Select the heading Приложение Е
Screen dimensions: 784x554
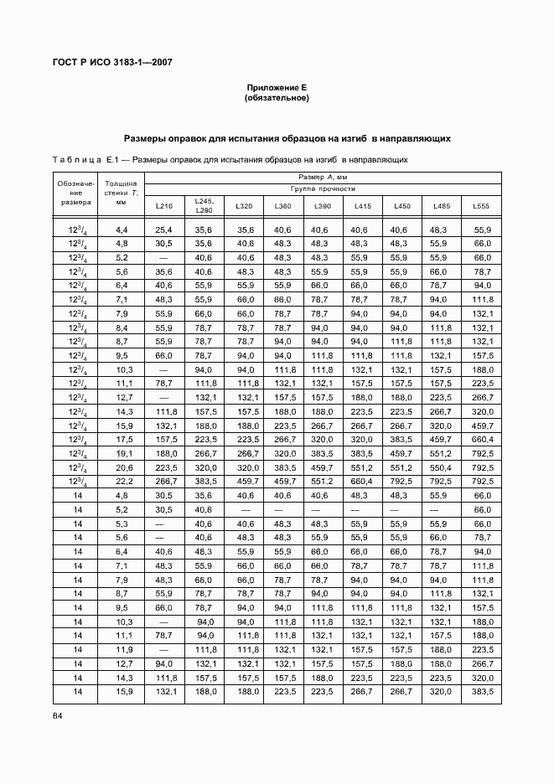[x=277, y=88]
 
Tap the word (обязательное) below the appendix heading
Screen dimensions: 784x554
[x=277, y=98]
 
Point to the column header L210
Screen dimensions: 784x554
[x=163, y=206]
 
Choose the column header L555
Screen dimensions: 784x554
[x=481, y=206]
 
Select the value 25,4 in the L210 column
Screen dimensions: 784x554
[x=163, y=230]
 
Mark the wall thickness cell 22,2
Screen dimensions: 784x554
[x=122, y=482]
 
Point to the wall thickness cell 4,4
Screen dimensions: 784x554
[x=122, y=230]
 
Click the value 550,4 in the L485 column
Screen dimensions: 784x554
[x=441, y=467]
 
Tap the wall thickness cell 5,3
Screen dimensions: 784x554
[x=122, y=524]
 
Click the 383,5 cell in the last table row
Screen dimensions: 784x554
[x=482, y=692]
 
